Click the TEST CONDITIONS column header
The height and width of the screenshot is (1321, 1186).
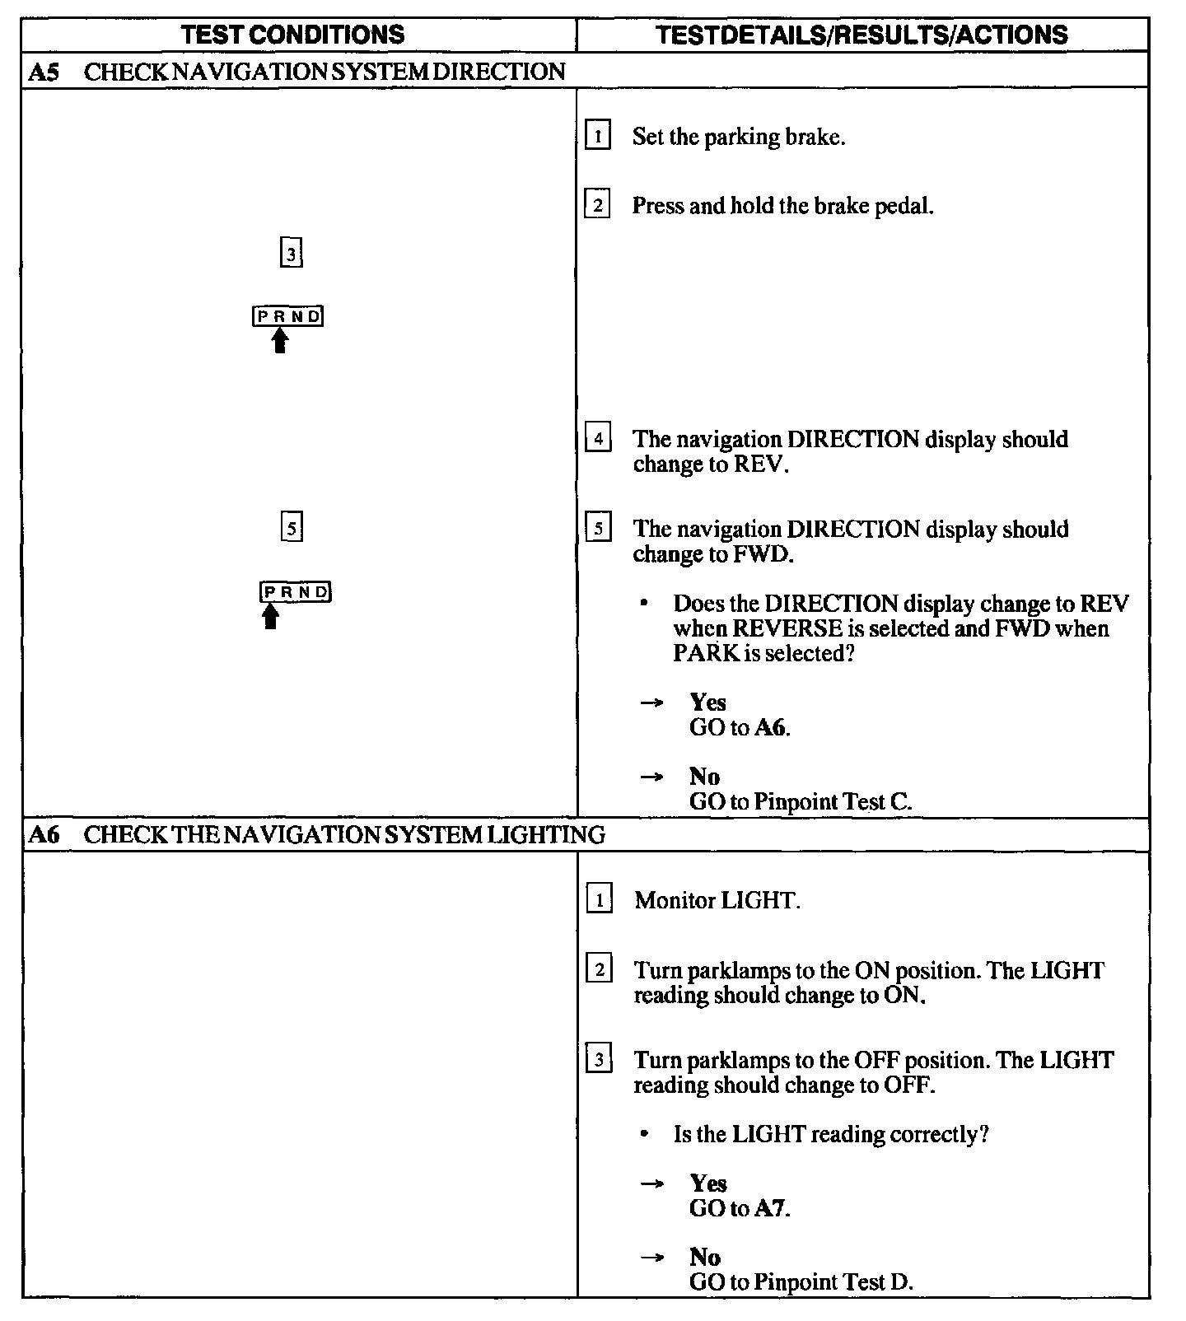(293, 35)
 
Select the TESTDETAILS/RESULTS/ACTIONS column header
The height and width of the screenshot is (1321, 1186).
(862, 35)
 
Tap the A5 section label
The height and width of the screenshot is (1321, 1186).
(44, 72)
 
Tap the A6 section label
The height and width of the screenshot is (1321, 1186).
(44, 835)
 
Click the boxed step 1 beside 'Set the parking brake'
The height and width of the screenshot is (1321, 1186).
(598, 135)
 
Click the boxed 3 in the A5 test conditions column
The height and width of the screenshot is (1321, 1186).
(291, 253)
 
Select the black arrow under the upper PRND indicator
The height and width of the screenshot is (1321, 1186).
(280, 340)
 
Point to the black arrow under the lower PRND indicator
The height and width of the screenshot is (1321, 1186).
(270, 616)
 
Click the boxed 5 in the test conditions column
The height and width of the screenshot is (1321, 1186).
(292, 526)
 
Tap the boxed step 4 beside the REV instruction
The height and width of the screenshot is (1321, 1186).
(598, 438)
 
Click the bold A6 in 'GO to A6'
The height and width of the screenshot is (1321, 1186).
(772, 728)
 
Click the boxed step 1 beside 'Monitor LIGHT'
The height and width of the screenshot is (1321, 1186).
(599, 899)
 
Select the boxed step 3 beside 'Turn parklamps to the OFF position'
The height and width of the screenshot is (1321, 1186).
(599, 1059)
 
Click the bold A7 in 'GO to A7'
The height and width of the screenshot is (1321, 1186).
(772, 1209)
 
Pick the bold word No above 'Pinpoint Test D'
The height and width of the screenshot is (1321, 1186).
(705, 1257)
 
